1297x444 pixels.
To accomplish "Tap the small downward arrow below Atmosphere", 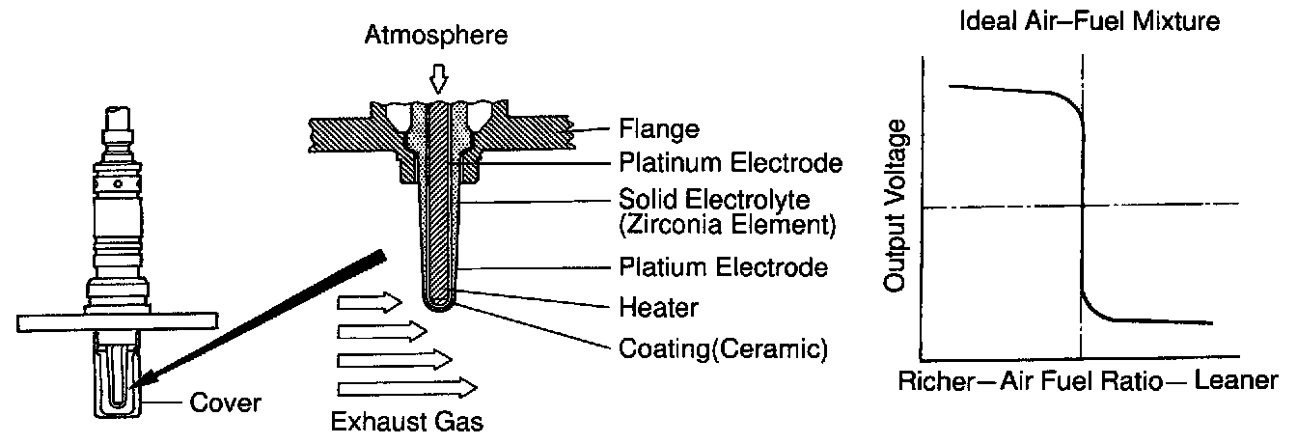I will coord(440,76).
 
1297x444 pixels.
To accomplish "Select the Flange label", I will coord(657,128).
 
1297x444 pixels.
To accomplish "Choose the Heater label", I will coord(658,308).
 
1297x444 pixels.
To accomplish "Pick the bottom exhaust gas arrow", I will coord(406,389).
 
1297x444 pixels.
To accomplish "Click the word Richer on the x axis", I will coord(931,381).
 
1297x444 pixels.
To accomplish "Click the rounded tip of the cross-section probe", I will coord(439,303).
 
